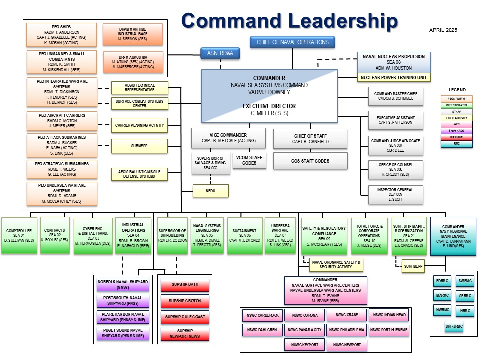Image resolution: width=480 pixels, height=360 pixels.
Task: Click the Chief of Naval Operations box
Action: [292, 42]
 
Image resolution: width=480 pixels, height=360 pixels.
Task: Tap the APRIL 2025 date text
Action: [443, 30]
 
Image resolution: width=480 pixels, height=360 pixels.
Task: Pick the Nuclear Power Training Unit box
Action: [394, 77]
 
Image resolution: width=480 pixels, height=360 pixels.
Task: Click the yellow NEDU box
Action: [211, 191]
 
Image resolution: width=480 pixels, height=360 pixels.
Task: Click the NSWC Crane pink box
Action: [346, 315]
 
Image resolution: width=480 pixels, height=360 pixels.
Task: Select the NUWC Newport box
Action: [346, 344]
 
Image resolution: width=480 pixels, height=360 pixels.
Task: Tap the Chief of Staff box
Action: [310, 138]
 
